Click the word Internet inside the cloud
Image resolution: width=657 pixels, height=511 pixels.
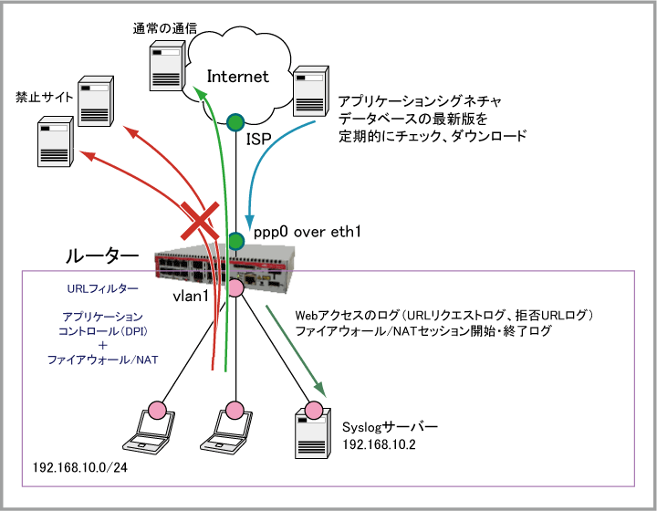coord(238,77)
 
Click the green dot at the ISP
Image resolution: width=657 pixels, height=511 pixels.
coord(235,120)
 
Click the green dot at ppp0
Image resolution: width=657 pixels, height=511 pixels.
coord(235,241)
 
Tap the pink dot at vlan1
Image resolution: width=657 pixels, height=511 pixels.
coord(235,288)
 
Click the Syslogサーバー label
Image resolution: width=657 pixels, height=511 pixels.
coord(391,427)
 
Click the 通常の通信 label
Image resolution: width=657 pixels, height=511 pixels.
coord(164,29)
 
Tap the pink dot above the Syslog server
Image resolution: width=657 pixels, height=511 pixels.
coord(315,408)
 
